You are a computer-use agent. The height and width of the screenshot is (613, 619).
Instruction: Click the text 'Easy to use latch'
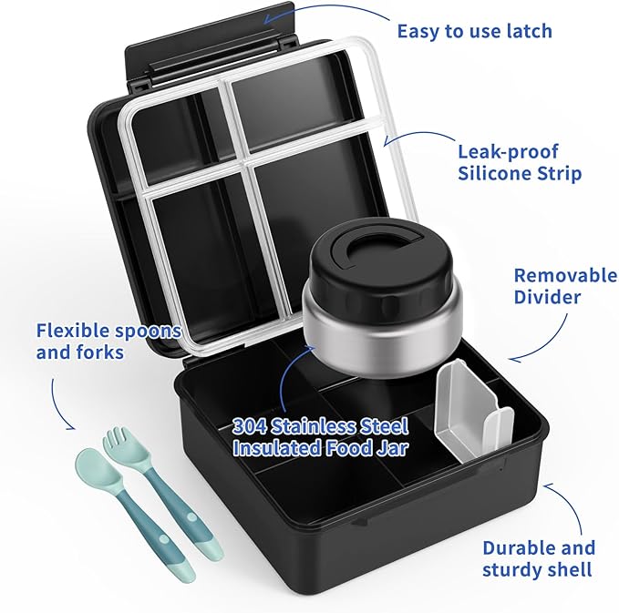(474, 31)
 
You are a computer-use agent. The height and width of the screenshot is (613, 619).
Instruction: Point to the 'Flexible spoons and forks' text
(108, 340)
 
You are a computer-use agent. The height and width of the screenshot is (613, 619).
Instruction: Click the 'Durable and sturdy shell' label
(539, 558)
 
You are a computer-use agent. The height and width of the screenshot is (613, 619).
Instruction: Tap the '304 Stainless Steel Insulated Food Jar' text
(319, 436)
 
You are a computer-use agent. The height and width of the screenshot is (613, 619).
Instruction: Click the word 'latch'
(527, 31)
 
